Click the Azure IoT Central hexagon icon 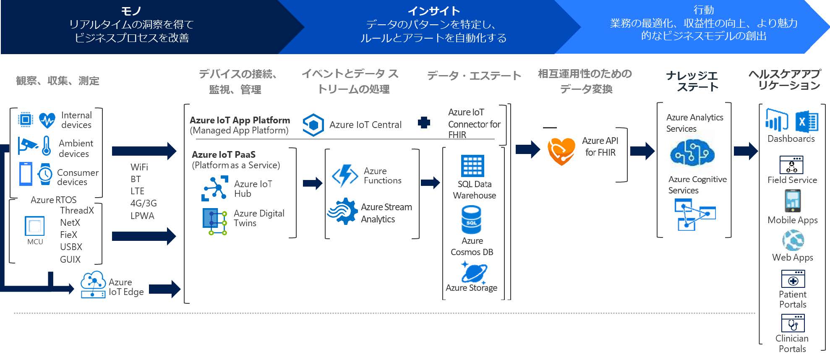[313, 125]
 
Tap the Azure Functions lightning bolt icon [345, 175]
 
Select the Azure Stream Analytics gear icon [342, 211]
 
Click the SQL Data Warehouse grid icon [472, 166]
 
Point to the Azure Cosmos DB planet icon [474, 273]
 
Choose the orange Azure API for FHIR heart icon [561, 151]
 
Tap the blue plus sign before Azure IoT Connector [424, 123]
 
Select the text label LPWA [142, 216]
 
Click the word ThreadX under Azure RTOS [77, 210]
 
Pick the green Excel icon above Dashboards [806, 122]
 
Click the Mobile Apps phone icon [792, 201]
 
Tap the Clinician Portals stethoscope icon [793, 323]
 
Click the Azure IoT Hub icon [215, 188]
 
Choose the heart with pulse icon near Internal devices [47, 120]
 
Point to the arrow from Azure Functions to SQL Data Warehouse [430, 183]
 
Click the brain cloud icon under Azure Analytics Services [692, 153]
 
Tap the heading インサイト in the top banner [433, 11]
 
